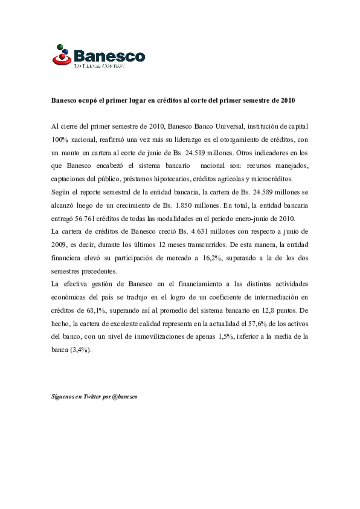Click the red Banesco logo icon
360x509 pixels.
[x=62, y=55]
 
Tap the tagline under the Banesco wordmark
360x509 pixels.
[x=99, y=66]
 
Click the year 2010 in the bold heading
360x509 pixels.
[x=288, y=101]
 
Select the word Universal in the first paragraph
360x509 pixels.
[x=229, y=127]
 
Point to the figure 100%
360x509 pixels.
[x=60, y=140]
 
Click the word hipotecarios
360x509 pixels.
[x=172, y=179]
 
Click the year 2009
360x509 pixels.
[x=59, y=245]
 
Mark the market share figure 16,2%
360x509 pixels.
[x=212, y=258]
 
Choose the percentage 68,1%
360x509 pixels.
[x=96, y=311]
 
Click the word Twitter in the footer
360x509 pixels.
[x=92, y=397]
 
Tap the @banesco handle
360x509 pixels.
[x=125, y=397]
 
